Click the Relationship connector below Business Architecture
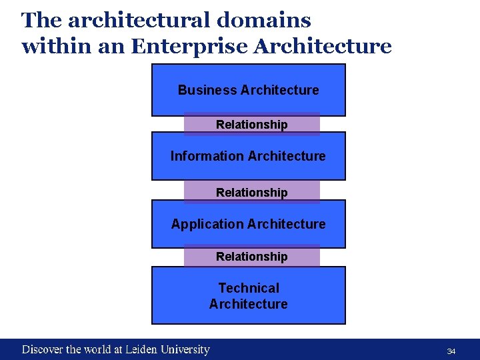click(x=252, y=125)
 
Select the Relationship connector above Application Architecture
click(x=252, y=193)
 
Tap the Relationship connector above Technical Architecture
click(x=252, y=257)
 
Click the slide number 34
click(x=451, y=351)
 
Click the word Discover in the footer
click(x=43, y=349)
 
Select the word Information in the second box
click(x=199, y=156)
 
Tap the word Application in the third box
click(x=200, y=224)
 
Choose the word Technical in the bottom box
click(x=249, y=288)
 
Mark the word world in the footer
click(x=98, y=349)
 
